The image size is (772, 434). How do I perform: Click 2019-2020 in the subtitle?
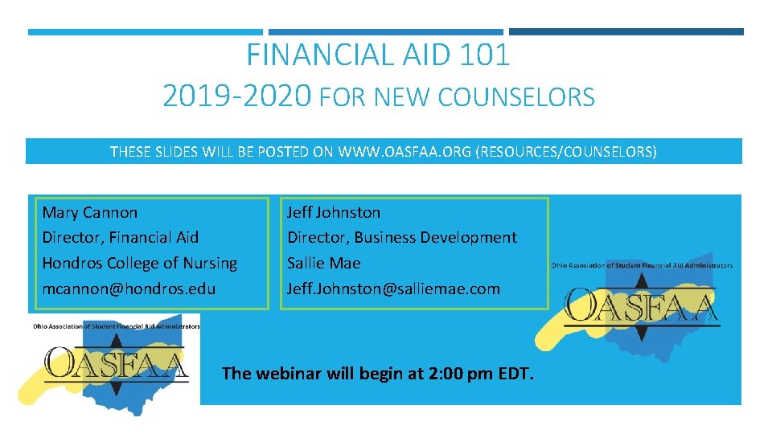click(x=236, y=96)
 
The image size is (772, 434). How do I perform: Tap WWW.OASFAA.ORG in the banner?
click(x=405, y=151)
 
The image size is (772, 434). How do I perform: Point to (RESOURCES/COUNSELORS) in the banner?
click(x=567, y=151)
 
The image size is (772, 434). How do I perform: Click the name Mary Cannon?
click(x=89, y=212)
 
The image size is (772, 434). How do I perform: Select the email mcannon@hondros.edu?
click(x=129, y=289)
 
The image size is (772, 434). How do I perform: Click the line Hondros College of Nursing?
click(x=139, y=263)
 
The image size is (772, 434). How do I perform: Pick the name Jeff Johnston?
click(x=334, y=212)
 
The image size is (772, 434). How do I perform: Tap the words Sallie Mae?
click(x=324, y=263)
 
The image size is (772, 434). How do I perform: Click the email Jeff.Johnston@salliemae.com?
click(x=393, y=289)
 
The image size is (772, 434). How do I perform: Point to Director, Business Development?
click(x=402, y=237)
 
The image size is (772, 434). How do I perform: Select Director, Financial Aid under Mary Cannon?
click(x=120, y=237)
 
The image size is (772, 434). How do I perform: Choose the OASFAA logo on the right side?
click(x=642, y=305)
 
